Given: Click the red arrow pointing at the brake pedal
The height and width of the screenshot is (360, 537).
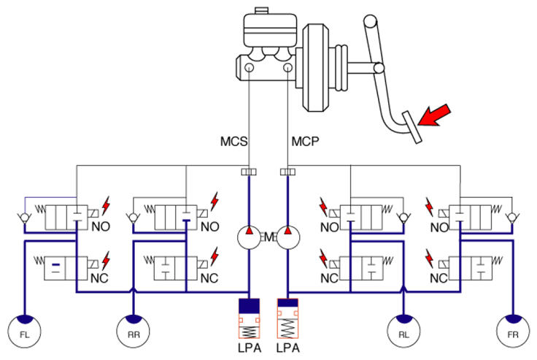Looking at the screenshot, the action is point(434,115).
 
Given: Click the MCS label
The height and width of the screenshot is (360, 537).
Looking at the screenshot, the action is point(233,141).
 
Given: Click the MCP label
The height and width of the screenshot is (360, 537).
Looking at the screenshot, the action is point(305,141).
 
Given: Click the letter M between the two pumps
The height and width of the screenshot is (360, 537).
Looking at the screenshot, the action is point(268,237).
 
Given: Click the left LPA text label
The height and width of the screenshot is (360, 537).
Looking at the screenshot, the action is point(250,348).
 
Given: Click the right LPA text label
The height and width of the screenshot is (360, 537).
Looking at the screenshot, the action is point(288,348).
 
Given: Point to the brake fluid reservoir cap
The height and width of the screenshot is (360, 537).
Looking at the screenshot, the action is point(261,10).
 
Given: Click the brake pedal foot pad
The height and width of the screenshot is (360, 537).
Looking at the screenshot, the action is point(412,127).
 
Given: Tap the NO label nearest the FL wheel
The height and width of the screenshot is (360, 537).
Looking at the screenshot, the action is point(101,226).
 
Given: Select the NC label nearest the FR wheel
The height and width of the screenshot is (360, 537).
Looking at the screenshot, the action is point(439,278).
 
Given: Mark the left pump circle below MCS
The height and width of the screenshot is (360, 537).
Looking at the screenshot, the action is point(249,237).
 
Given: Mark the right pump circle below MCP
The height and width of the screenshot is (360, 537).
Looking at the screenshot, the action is point(288,237).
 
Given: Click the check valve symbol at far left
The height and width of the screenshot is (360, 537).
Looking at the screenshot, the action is point(24,218).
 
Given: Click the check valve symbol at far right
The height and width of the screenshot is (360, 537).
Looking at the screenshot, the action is point(512,218).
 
